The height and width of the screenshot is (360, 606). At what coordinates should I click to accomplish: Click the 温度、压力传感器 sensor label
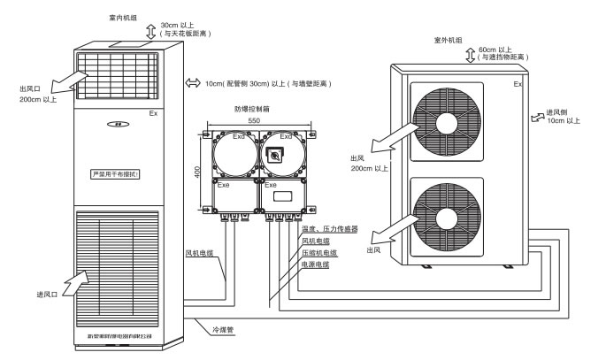(x=329, y=227)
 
